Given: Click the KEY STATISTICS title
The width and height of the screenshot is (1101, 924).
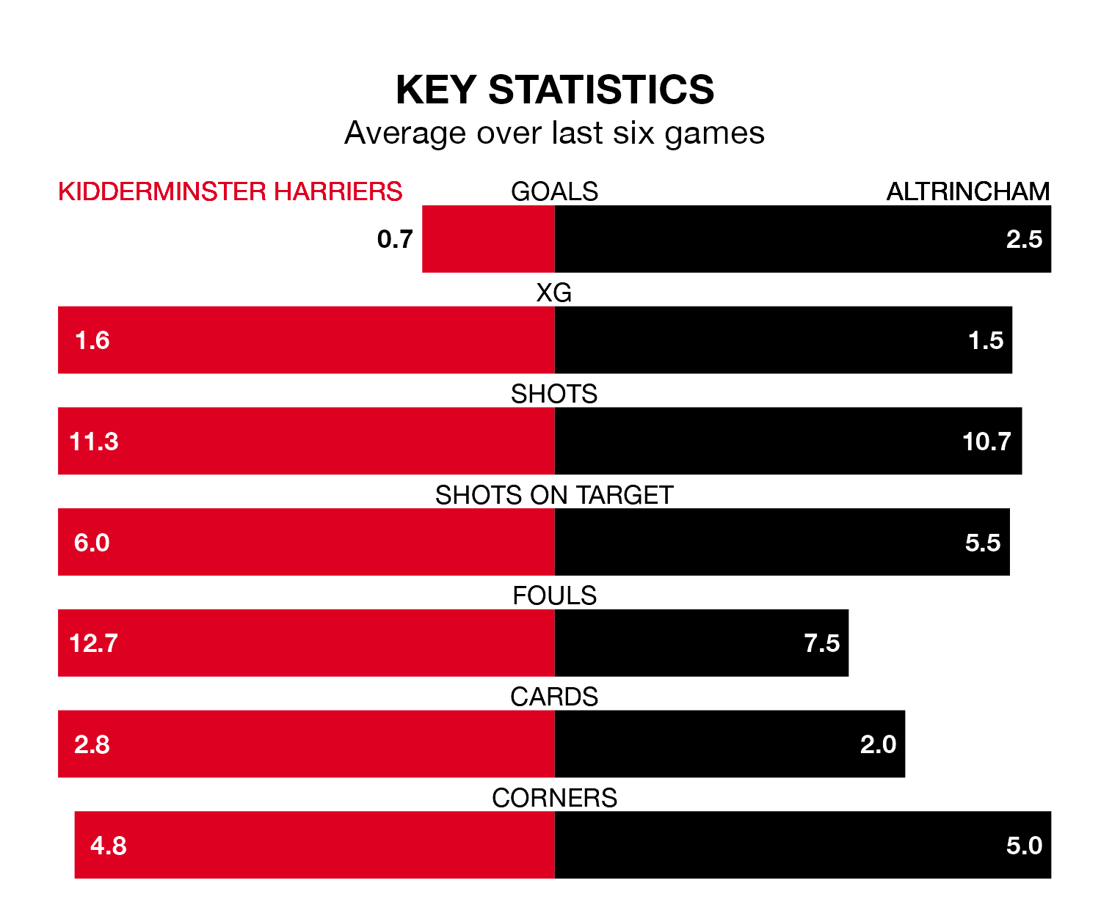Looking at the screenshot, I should click(554, 90).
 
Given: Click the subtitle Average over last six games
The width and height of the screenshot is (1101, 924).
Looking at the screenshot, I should click(554, 133).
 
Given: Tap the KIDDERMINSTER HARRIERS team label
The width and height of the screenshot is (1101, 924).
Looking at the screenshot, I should click(230, 191).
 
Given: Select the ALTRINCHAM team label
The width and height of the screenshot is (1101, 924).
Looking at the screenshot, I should click(967, 191).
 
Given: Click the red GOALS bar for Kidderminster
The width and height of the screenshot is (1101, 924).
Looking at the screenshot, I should click(488, 239).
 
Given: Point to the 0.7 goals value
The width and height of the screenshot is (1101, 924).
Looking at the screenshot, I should click(395, 239).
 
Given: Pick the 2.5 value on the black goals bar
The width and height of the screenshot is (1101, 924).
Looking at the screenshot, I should click(1024, 239).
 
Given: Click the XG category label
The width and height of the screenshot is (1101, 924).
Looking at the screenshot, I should click(554, 293).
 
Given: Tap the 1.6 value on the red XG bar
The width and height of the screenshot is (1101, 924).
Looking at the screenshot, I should click(92, 340).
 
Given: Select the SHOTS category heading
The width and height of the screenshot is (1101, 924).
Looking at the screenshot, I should click(554, 395).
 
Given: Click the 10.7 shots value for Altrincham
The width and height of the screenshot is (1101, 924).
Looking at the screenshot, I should click(986, 441).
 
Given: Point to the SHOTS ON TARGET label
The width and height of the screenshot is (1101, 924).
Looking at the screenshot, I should click(554, 496).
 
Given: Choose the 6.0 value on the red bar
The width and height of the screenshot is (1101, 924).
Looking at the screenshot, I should click(92, 543).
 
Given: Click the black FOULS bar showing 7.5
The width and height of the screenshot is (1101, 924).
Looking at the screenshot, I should click(701, 643).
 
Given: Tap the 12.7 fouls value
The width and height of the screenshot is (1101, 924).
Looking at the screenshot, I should click(93, 643).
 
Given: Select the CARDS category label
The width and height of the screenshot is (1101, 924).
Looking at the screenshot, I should click(554, 697).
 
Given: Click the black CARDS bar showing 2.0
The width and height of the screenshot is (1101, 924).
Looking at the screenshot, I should click(730, 744).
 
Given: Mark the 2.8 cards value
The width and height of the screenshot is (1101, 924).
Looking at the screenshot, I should click(92, 744).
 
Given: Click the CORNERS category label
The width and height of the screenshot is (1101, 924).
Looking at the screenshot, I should click(554, 798).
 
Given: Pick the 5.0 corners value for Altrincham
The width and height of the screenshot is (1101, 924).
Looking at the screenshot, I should click(1024, 846).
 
